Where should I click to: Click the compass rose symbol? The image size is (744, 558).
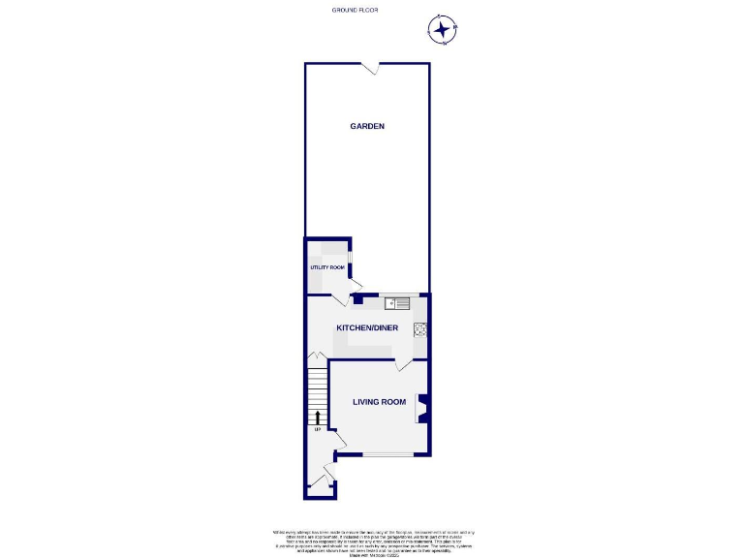[x=443, y=30]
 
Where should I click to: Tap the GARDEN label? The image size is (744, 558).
[x=367, y=126]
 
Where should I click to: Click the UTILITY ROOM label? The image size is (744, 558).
[x=327, y=267]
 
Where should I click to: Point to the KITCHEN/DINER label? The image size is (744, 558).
[x=367, y=327]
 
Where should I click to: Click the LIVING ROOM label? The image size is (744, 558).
[x=379, y=401]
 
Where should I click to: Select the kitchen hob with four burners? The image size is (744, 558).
[x=420, y=328]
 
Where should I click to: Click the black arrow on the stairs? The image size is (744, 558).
[x=317, y=418]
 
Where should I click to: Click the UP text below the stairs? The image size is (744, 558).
[x=317, y=430]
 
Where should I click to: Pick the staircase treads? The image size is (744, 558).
[x=317, y=392]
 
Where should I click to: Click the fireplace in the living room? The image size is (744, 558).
[x=422, y=409]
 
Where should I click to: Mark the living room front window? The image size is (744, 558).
[x=387, y=453]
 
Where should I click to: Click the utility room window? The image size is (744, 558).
[x=350, y=259]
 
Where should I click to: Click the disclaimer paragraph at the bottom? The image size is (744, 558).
[x=372, y=541]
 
